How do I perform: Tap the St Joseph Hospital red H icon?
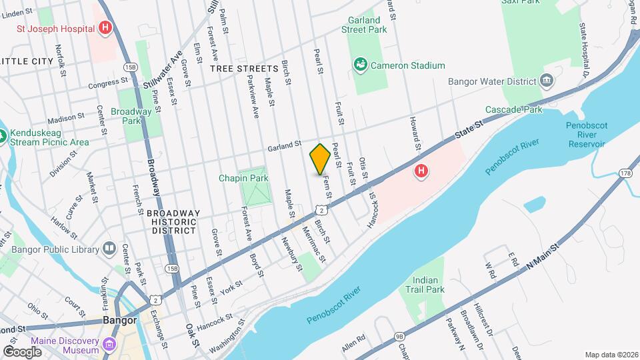click(105, 28)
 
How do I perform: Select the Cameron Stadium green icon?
click(360, 65)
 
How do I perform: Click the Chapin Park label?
click(243, 178)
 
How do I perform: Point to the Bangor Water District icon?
click(547, 81)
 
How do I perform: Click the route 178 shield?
click(625, 173)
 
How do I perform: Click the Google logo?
click(22, 352)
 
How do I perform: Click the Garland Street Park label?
click(364, 25)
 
